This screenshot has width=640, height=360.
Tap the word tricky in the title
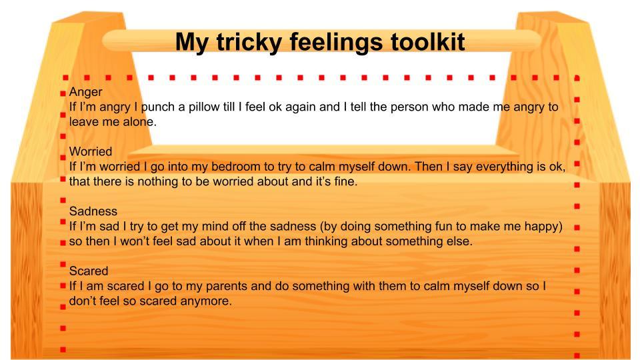click(249, 43)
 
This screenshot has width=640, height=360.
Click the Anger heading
click(86, 92)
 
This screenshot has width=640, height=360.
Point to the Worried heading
click(91, 151)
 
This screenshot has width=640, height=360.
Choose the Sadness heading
click(93, 211)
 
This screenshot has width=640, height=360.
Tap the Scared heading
click(89, 271)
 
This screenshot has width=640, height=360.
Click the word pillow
click(198, 107)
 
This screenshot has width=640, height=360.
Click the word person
click(409, 108)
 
